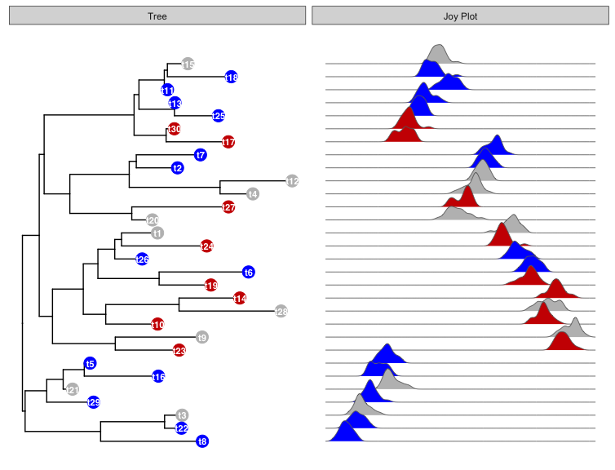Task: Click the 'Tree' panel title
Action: pos(157,16)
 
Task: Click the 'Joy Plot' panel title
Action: pos(458,16)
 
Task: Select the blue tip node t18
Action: pos(231,77)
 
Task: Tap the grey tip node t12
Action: pos(293,181)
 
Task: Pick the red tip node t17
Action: pos(228,142)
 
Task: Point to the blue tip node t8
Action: pos(202,441)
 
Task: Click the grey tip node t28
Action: pos(281,311)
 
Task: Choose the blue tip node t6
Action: pos(249,272)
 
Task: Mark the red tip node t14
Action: pos(240,298)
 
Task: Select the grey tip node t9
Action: pos(202,337)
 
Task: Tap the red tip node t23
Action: pos(179,350)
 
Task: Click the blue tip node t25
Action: pos(219,116)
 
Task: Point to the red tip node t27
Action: pos(228,207)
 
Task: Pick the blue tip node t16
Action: pos(158,376)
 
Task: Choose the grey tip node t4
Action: pos(253,194)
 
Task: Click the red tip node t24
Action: pos(206,246)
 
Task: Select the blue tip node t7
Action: pos(201,155)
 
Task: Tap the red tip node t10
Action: pos(157,324)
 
